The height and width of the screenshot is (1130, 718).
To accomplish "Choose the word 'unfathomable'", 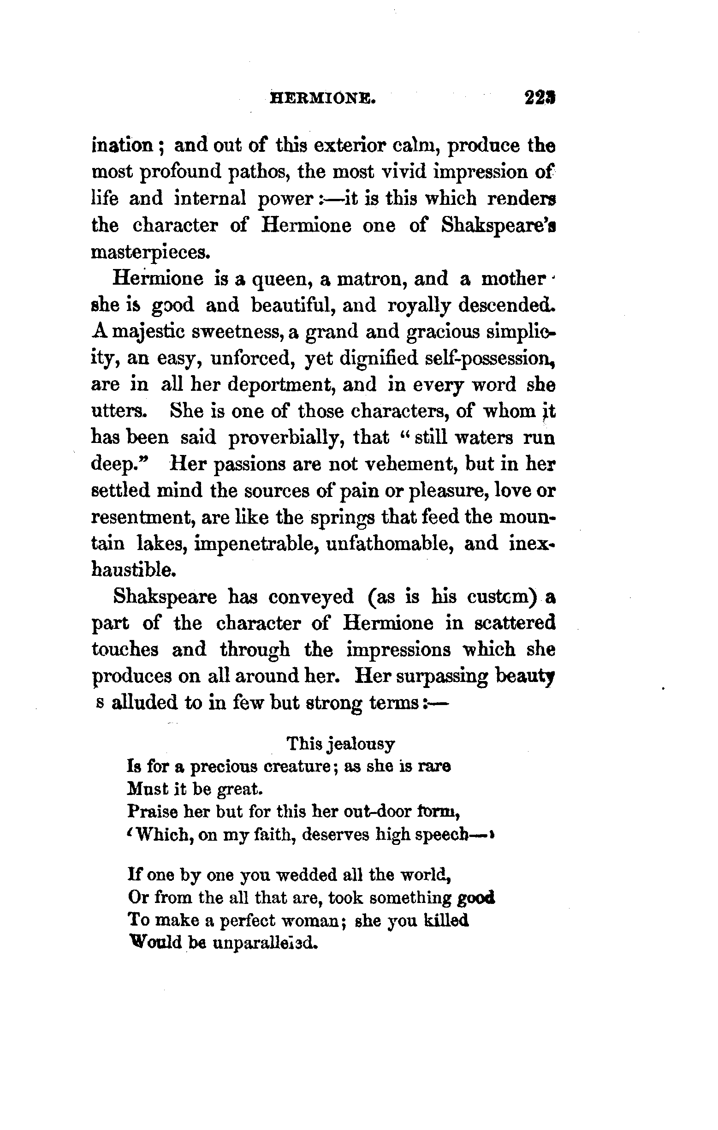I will coord(388,544).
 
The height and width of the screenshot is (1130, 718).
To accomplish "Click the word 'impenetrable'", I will coord(257,544).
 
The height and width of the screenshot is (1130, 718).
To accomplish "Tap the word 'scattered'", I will coord(515,623).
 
